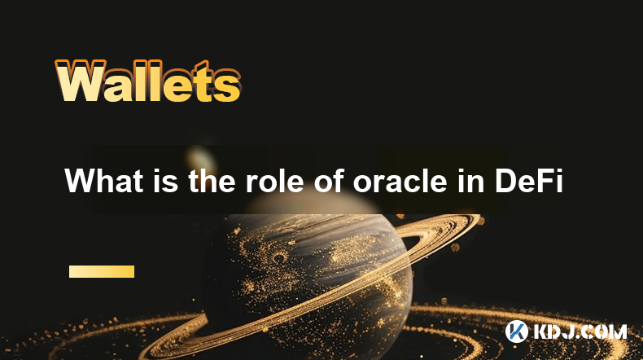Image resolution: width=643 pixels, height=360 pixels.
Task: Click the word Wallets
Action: [x=147, y=81]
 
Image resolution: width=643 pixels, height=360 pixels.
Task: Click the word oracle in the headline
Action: [x=400, y=180]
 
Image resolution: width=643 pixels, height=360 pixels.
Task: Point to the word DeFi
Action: [x=528, y=180]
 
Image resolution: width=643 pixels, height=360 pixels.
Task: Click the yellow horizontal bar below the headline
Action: [x=102, y=272]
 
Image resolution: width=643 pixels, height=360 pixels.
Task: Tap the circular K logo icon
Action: [x=517, y=331]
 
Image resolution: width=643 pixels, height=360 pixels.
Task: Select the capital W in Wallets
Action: [x=80, y=81]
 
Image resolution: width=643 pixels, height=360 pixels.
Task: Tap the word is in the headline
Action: [x=166, y=180]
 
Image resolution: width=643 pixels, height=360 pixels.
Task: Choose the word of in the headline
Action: [x=329, y=180]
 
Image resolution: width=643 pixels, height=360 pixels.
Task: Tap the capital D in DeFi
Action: [x=506, y=181]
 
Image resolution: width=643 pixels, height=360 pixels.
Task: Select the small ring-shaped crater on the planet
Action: [x=280, y=258]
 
